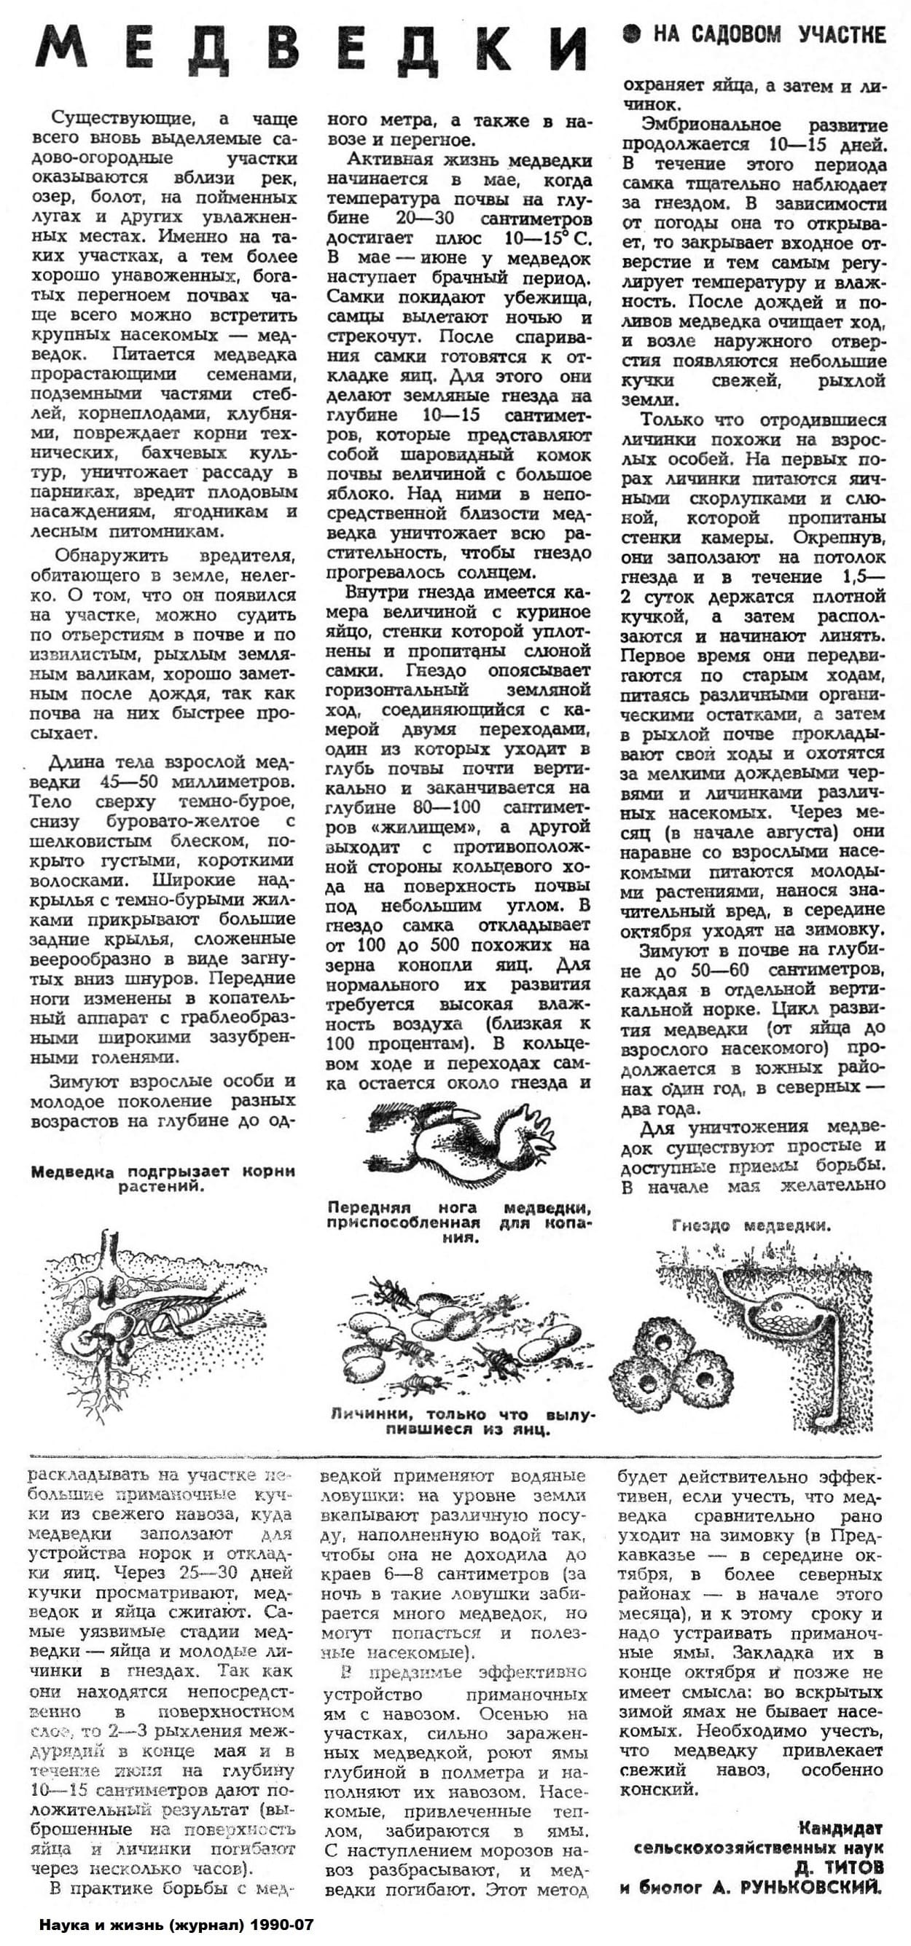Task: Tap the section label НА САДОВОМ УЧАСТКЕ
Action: coord(768,35)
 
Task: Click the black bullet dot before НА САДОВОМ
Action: coord(632,34)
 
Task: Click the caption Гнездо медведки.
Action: coord(750,1225)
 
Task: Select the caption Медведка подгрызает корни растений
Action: coord(163,1179)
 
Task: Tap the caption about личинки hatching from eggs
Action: coord(463,1421)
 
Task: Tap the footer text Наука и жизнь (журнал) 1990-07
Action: coord(175,1924)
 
